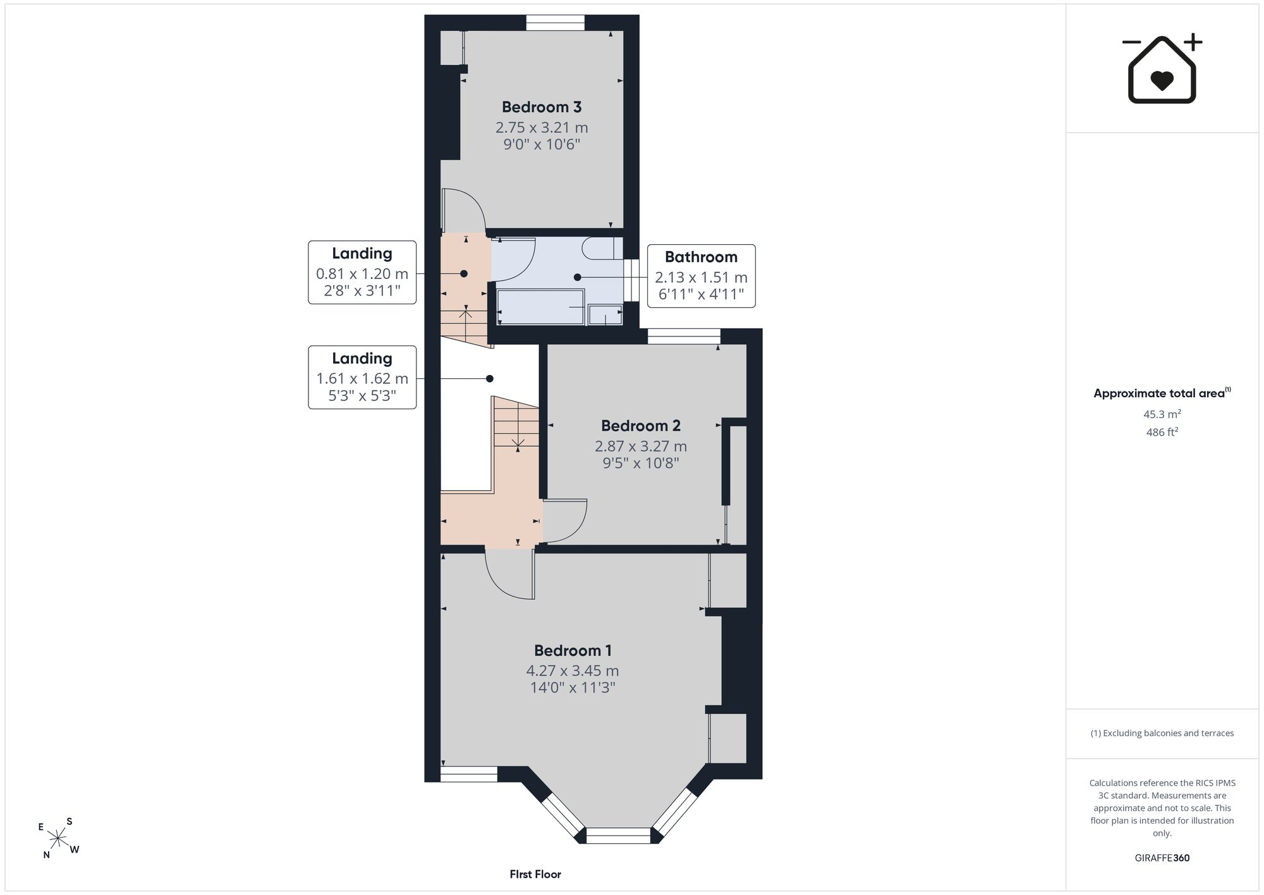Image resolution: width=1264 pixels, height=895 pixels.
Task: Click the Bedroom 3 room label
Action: pyautogui.click(x=542, y=107)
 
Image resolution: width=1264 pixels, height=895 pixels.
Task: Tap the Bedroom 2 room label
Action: pyautogui.click(x=641, y=426)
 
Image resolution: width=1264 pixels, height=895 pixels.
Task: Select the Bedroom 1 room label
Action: pyautogui.click(x=573, y=650)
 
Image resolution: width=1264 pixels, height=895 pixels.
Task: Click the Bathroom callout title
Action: pyautogui.click(x=701, y=257)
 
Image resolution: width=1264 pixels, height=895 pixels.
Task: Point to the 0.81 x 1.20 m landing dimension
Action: pyautogui.click(x=362, y=274)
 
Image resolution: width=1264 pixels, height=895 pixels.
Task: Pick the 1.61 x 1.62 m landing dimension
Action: pyautogui.click(x=362, y=379)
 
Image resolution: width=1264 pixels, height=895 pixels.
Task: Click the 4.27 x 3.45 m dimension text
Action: pyautogui.click(x=573, y=670)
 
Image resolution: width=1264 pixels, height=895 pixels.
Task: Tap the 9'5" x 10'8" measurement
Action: pyautogui.click(x=641, y=463)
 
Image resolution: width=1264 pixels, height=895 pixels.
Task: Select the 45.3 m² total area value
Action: pyautogui.click(x=1162, y=414)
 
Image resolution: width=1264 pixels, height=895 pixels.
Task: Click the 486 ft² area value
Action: pyautogui.click(x=1162, y=432)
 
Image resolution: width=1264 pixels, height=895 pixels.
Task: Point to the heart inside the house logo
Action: pyautogui.click(x=1162, y=80)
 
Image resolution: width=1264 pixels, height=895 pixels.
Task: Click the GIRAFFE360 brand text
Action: pyautogui.click(x=1162, y=858)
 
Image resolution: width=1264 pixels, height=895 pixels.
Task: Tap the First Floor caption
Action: pyautogui.click(x=535, y=874)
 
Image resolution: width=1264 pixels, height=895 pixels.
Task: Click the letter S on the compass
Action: pyautogui.click(x=70, y=822)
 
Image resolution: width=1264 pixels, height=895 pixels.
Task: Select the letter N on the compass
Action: pyautogui.click(x=47, y=855)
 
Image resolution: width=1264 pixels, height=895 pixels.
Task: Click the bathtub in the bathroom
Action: pyautogui.click(x=540, y=307)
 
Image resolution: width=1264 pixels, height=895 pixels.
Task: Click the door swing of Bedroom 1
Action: pyautogui.click(x=510, y=574)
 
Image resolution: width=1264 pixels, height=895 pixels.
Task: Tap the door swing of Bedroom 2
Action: pyautogui.click(x=565, y=521)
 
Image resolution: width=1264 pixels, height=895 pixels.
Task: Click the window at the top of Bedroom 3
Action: pyautogui.click(x=556, y=23)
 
